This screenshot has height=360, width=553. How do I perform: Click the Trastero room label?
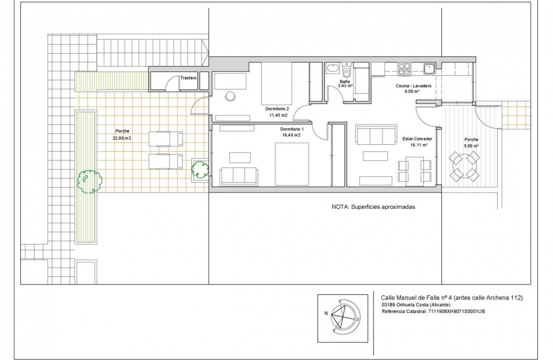point(188,78)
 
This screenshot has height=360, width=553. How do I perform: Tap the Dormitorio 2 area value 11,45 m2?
point(278,115)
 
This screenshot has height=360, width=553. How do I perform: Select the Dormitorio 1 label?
point(292,129)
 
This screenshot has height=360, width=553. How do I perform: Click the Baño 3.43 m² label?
point(345,84)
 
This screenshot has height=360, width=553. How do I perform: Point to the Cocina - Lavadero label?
point(413,86)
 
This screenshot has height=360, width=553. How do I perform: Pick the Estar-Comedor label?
point(417,139)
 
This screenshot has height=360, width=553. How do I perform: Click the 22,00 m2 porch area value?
point(122,138)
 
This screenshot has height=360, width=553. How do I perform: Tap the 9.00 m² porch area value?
point(471,146)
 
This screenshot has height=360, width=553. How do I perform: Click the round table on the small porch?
point(464,166)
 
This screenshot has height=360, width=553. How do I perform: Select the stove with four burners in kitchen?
point(405,68)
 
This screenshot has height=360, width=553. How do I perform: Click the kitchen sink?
point(429,69)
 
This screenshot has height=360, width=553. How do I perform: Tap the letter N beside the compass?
point(326,313)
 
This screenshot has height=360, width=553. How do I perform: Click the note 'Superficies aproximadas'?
point(373,207)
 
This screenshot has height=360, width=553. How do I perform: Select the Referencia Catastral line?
point(433,312)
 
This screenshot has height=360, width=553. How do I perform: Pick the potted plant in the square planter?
point(200,169)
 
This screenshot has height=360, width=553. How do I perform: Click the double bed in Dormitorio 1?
point(292,164)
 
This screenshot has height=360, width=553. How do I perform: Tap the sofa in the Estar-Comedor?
point(376,135)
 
